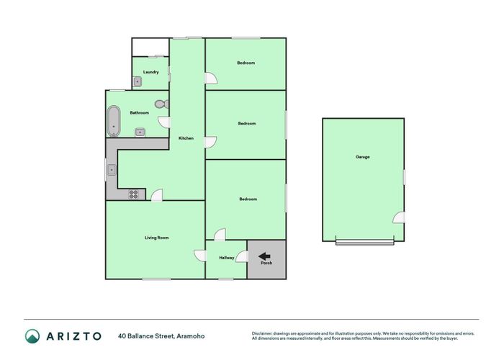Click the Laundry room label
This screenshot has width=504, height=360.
point(150,72)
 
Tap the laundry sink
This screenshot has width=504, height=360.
point(138,82)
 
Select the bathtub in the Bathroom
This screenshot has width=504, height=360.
point(114,121)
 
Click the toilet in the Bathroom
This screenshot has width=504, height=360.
point(162,104)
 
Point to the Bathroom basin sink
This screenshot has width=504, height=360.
point(140,132)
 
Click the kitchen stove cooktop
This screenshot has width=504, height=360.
point(133,194)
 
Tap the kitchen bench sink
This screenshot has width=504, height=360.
point(112,169)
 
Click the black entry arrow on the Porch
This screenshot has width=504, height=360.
point(264,256)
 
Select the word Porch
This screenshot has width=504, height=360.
point(266,263)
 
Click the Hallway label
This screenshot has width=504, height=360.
point(227,258)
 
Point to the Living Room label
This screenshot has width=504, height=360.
point(156,238)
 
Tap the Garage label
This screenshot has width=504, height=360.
point(363,157)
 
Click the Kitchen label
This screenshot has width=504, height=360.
point(186,138)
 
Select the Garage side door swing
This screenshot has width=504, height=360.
point(399,217)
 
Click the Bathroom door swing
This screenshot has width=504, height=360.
point(164,122)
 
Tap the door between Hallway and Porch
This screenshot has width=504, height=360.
point(242,257)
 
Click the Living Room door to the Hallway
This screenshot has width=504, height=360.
point(200,256)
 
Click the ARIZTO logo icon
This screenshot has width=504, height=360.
point(32,336)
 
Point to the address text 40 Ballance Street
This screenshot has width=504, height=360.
point(146,336)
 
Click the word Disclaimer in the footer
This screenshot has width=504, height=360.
point(262,333)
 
